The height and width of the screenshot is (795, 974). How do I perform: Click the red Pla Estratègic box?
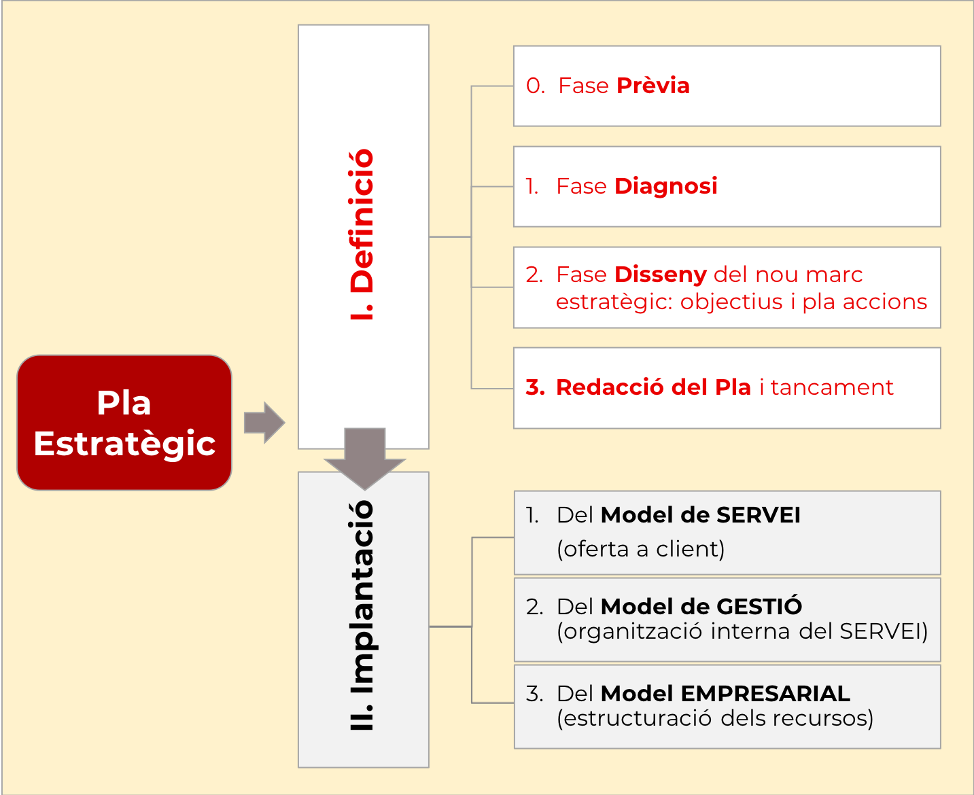pos(124,423)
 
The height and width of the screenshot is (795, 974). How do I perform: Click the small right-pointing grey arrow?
pos(264,423)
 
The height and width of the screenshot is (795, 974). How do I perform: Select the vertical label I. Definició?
pos(362,234)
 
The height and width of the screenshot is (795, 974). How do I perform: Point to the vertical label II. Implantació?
pos(362,615)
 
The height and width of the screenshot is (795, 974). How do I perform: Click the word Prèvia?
pos(653,86)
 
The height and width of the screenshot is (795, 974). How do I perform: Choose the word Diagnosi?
pos(665,186)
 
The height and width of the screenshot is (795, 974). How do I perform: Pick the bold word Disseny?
pos(660,275)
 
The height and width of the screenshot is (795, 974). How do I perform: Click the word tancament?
pos(832,387)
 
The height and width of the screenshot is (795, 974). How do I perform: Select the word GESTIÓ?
pos(759,606)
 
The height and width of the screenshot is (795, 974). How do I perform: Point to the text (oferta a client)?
pos(640,548)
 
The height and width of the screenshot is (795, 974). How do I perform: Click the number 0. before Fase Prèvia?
pos(536,86)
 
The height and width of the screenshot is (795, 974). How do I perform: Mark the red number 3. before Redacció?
pos(535,387)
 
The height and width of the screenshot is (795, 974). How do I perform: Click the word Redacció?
pos(609,387)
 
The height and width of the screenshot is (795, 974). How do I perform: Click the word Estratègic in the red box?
pos(124,444)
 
